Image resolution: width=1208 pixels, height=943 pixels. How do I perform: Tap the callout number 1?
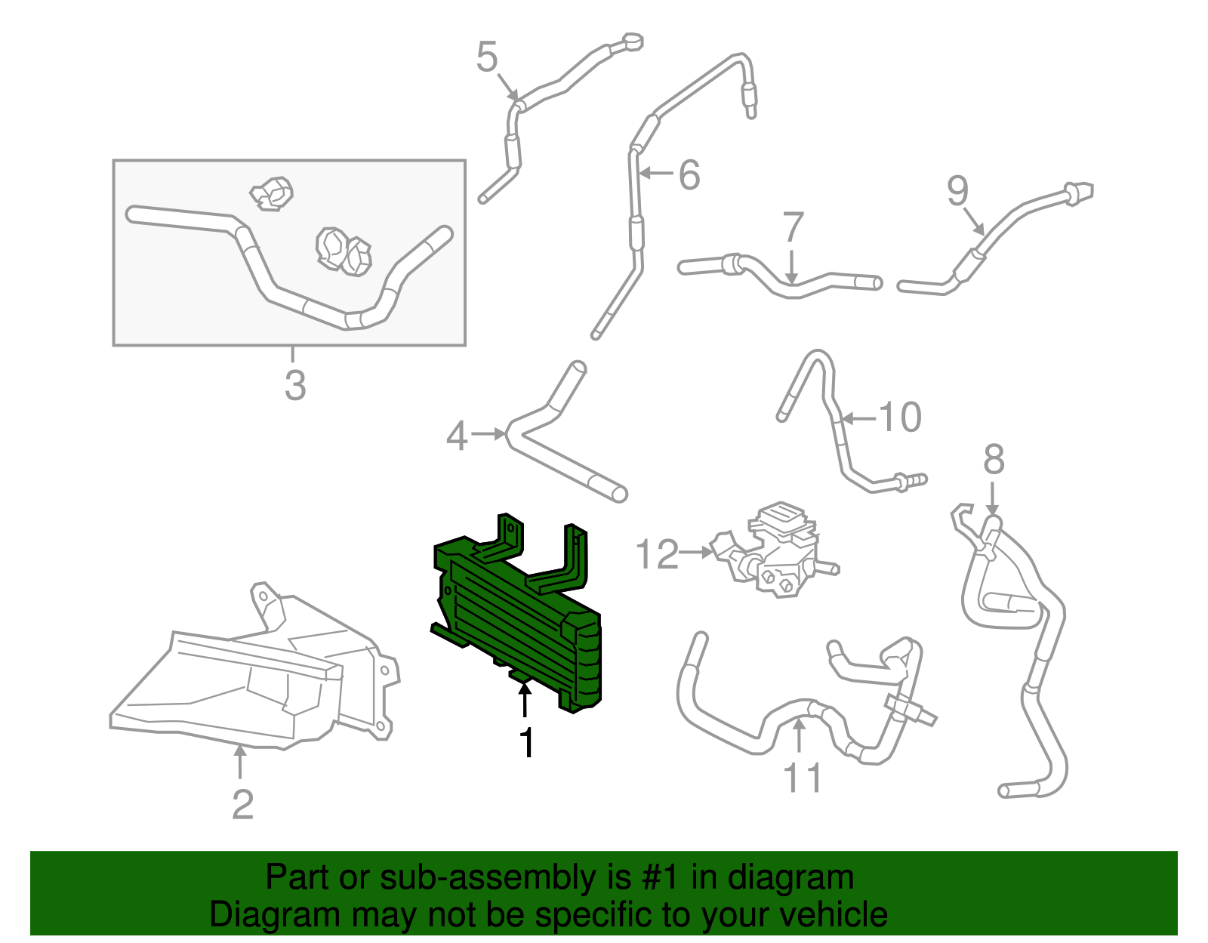pos(526,743)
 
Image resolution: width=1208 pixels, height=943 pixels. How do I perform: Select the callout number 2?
pos(242,805)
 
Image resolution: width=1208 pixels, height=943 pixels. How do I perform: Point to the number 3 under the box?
pos(295,385)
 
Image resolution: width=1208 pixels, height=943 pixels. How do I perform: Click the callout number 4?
pos(457,436)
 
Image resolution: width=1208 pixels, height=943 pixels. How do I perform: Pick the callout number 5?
pos(488,57)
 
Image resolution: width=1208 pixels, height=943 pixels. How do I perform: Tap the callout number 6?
pos(689,174)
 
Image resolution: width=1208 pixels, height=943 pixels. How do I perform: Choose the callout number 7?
pos(793,227)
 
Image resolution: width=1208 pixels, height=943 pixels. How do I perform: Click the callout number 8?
pos(994,459)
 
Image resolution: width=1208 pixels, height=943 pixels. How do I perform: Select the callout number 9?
pos(958,190)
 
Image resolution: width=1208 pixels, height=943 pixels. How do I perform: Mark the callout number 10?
pos(901,417)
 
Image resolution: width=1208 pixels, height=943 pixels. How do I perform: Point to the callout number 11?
pos(802,777)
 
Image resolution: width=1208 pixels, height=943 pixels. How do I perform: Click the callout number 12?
pos(657,555)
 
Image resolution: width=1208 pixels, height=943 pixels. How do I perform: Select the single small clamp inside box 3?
pos(272,193)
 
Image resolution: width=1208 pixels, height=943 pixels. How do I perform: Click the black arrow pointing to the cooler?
pos(525,699)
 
